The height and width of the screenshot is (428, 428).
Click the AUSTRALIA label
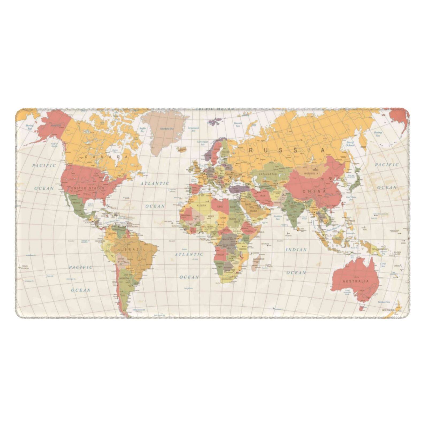click(356, 281)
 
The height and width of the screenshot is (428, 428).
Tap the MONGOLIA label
click(311, 173)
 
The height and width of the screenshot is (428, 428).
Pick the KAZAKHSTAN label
click(267, 174)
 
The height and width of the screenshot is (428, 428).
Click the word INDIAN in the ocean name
click(296, 250)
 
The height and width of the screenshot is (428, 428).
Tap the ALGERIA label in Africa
click(201, 205)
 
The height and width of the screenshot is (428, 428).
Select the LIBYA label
click(220, 207)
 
